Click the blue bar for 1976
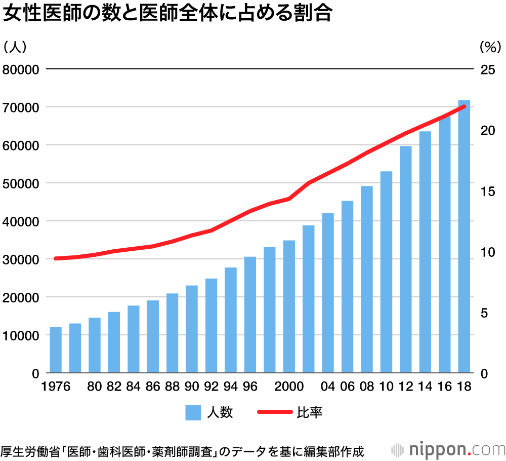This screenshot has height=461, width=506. tap(56, 350)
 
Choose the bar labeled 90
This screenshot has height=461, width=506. tap(192, 329)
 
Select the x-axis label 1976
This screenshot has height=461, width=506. tap(56, 387)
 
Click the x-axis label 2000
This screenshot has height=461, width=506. tap(289, 387)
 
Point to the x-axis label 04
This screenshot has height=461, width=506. tap(328, 387)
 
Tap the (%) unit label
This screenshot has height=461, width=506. tap(489, 47)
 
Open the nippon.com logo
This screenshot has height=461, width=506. tap(448, 449)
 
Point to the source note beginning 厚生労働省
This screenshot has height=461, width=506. tap(182, 450)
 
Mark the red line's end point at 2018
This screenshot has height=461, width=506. tap(464, 106)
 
